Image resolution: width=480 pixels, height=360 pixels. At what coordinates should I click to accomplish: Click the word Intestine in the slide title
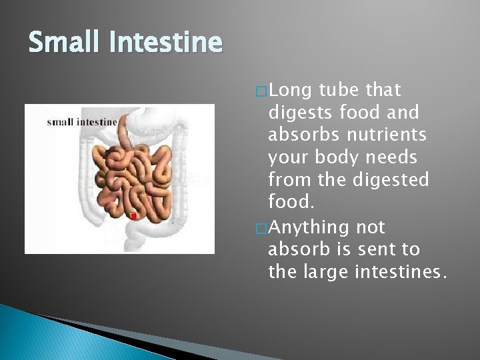pos(166,43)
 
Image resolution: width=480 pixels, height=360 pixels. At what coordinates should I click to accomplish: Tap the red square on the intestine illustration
pos(133,216)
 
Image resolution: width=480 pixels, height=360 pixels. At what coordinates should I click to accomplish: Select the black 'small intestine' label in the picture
pos(82,121)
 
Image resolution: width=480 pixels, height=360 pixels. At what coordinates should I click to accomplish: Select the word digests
pos(300,113)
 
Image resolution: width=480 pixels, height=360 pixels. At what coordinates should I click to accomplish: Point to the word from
pos(287,181)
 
